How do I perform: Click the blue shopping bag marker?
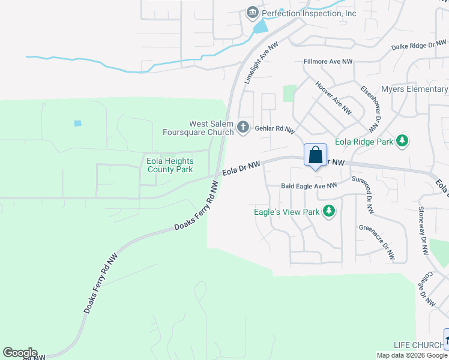(x=315, y=156)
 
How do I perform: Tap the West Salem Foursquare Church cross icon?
(x=243, y=127)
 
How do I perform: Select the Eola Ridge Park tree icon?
(x=402, y=142)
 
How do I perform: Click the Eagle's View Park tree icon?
(x=328, y=211)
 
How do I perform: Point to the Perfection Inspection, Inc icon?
(x=252, y=13)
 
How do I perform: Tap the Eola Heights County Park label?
(x=170, y=165)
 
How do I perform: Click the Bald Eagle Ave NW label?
(x=309, y=186)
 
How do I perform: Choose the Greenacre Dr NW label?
(x=376, y=242)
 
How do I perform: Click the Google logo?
(x=20, y=353)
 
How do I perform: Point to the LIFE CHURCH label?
(x=418, y=345)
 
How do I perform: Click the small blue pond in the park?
(x=77, y=124)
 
